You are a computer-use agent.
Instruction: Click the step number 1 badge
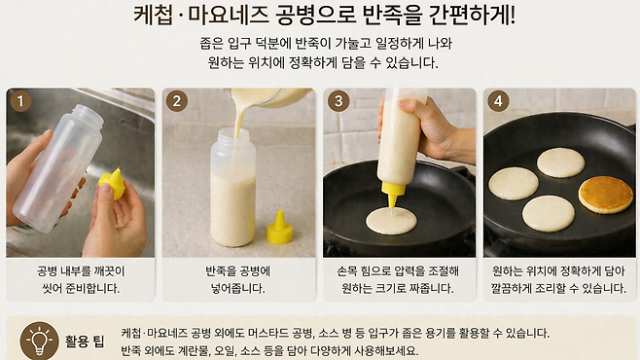point(20,100)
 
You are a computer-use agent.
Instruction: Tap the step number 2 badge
point(176,100)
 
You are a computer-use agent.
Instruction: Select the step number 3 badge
point(338,100)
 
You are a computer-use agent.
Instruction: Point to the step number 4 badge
point(498,100)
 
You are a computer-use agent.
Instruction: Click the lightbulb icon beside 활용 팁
point(40,341)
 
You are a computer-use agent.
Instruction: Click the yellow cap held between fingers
point(112,183)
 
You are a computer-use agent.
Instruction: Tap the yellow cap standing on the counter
point(279,228)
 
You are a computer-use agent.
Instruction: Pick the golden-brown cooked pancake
point(606,195)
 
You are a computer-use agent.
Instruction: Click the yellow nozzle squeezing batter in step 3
point(393,196)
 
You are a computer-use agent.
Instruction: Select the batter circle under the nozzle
point(391,221)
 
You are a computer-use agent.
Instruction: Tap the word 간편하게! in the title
point(472,15)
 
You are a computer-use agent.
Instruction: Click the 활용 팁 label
point(85,341)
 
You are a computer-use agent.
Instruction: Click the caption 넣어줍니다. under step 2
point(237,288)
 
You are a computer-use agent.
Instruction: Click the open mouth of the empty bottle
point(89,112)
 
